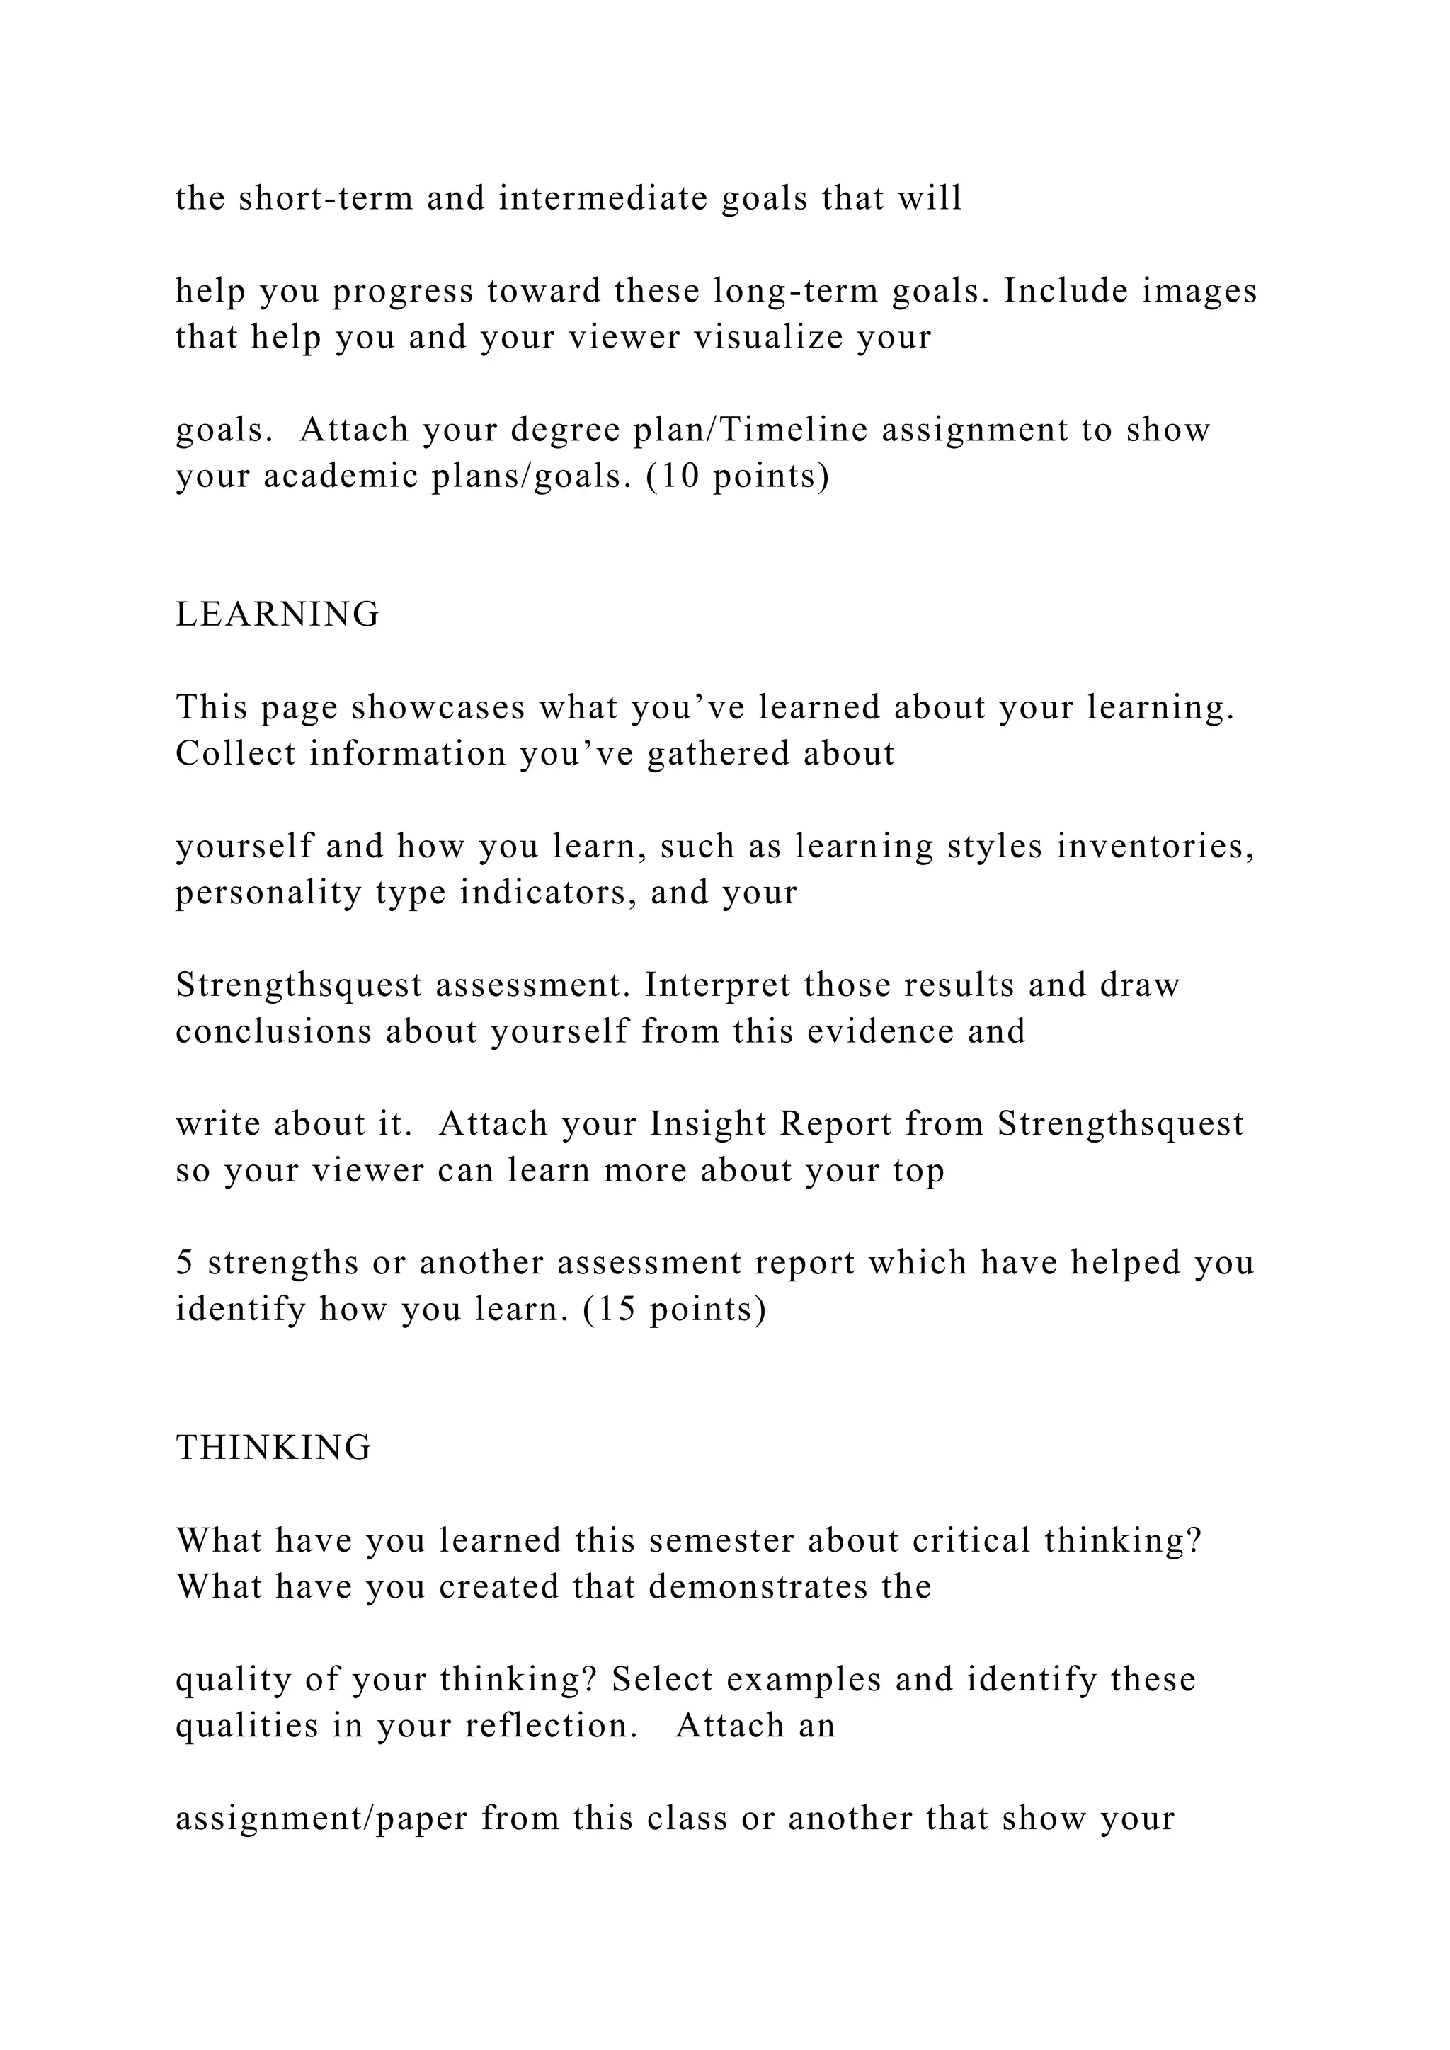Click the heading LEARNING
278,614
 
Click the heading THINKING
273,1448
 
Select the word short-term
326,198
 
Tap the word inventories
1155,845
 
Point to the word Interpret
717,985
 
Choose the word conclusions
273,1031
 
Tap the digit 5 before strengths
185,1263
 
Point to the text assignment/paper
321,1818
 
